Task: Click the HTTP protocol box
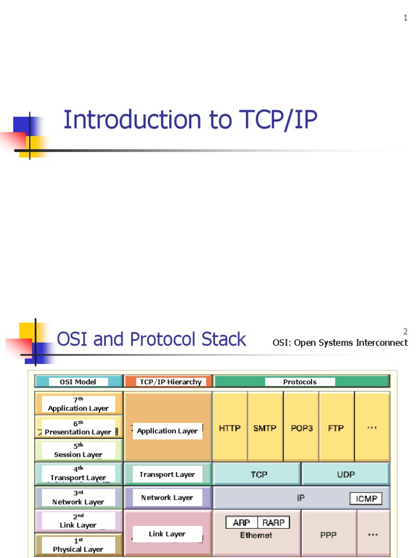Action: point(230,428)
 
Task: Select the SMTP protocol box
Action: point(265,428)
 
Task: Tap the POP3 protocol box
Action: point(301,428)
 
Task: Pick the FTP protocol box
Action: point(336,428)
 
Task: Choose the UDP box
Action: point(346,474)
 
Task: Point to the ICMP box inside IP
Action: point(366,499)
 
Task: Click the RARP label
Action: point(273,523)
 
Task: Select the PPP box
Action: point(329,535)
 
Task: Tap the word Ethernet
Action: point(256,535)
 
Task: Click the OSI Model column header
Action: point(78,382)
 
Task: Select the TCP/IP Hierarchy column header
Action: point(171,382)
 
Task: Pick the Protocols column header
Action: point(300,382)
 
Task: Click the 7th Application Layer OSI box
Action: point(79,404)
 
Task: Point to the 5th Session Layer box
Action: point(79,451)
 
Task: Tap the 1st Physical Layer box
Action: point(79,545)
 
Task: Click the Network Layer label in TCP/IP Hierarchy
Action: point(167,498)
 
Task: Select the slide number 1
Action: point(405,18)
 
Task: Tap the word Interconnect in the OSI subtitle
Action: point(382,343)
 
